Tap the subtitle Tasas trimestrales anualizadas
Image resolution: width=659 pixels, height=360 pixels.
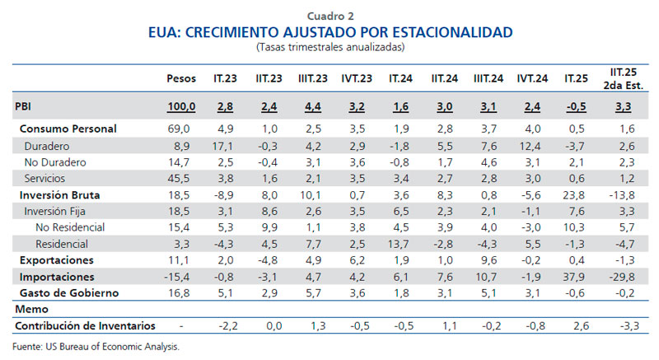tap(329, 47)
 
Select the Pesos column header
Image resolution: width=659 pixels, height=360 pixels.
tap(181, 78)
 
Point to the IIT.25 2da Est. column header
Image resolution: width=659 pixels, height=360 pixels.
tap(627, 78)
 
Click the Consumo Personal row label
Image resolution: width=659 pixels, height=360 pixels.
tap(68, 129)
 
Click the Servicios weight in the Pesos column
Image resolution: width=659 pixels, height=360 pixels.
tap(181, 178)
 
